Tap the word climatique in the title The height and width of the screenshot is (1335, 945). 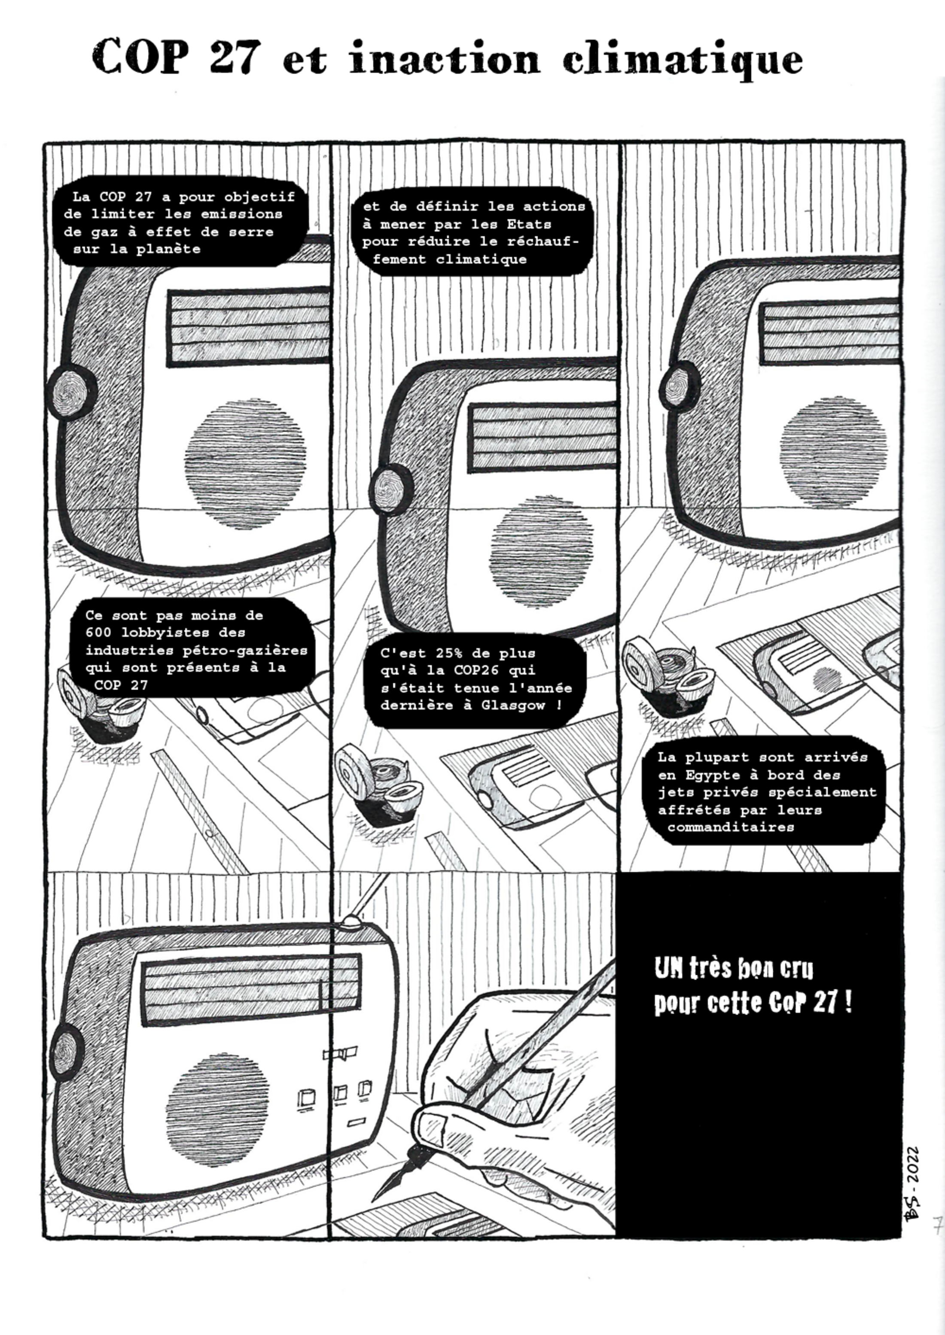pos(683,61)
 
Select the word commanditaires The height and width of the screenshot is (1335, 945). pos(731,827)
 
